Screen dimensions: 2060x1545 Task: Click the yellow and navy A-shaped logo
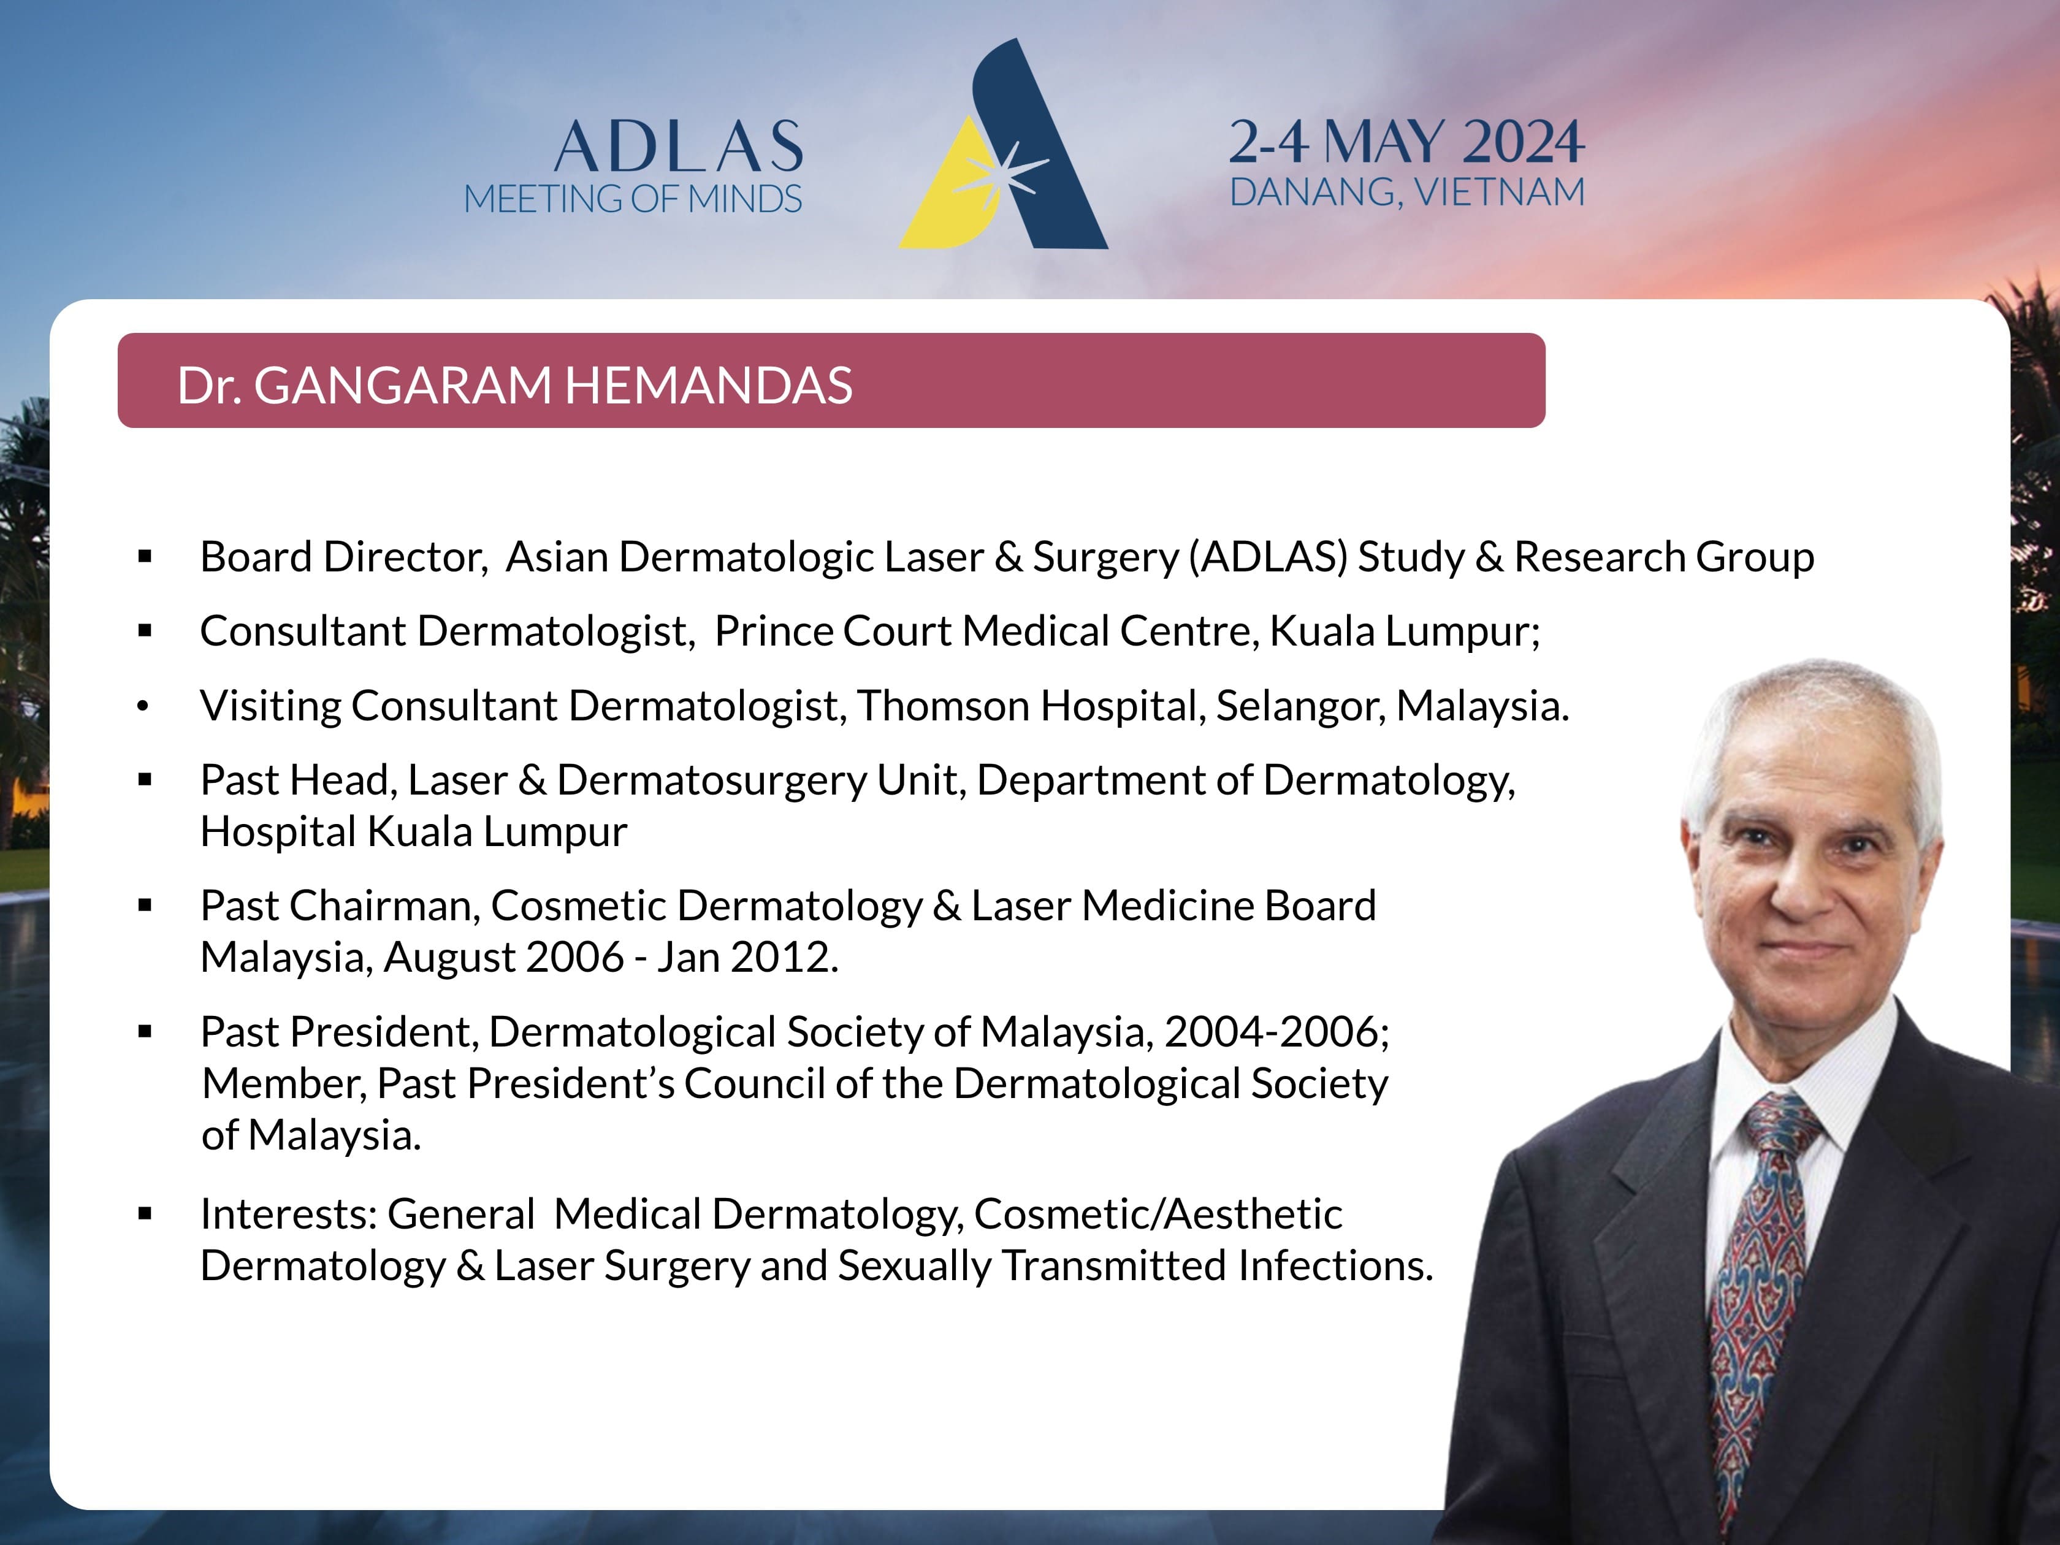point(1003,144)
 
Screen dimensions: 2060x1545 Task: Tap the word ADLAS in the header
point(679,147)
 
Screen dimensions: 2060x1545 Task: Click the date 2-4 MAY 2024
point(1406,142)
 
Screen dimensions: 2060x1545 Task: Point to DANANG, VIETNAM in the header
point(1407,193)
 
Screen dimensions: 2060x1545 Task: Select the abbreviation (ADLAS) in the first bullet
point(1268,557)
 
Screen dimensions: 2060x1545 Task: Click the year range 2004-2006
point(1271,1032)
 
